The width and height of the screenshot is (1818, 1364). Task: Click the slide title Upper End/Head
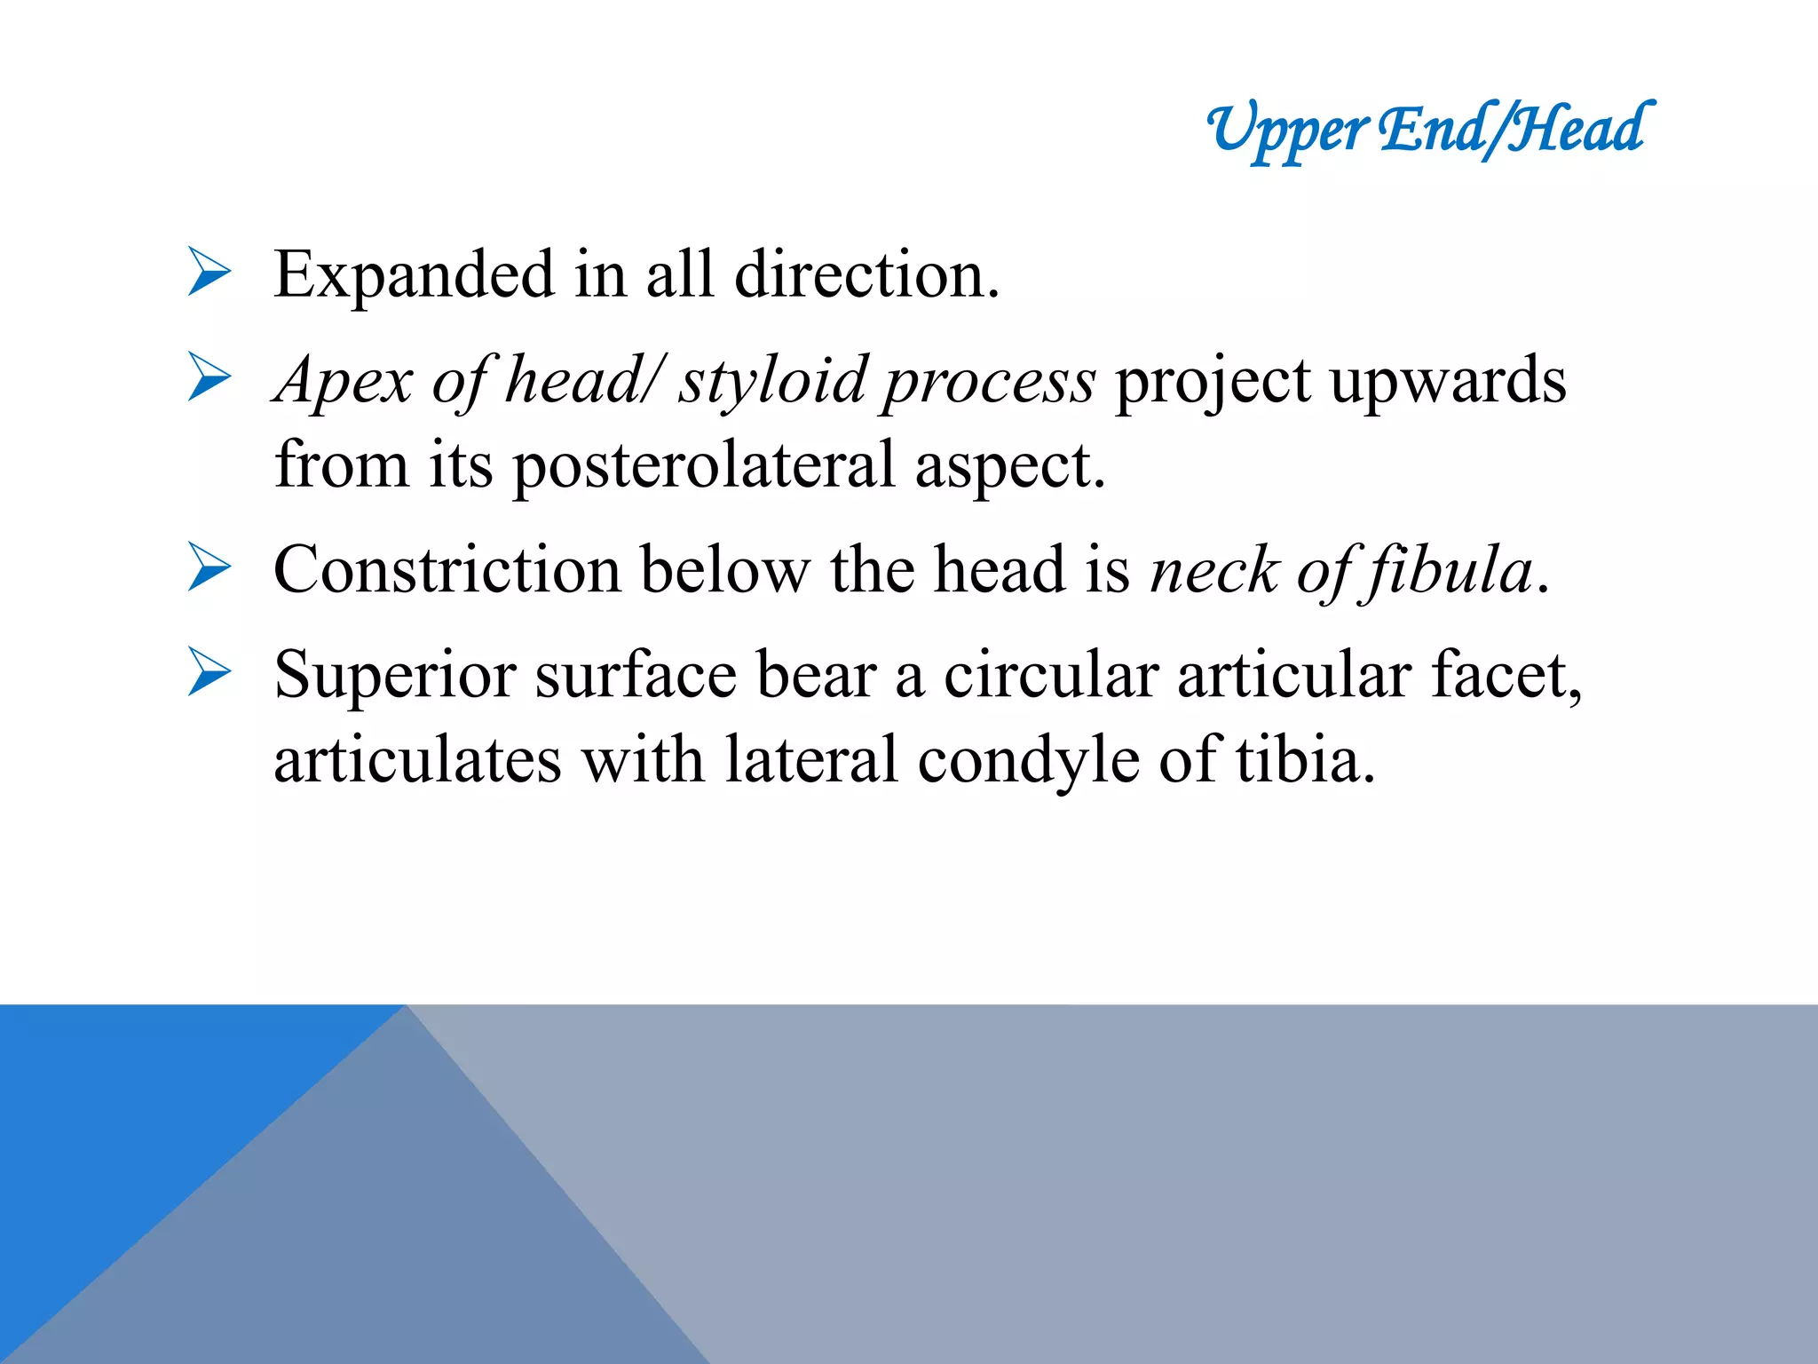point(1429,130)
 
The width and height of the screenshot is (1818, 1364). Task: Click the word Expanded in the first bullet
point(414,275)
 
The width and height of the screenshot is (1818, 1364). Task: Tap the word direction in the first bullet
point(866,275)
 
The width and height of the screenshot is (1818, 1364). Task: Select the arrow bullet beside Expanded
point(209,272)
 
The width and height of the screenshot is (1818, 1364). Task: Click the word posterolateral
point(704,466)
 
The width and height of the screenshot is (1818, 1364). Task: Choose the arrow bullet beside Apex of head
point(209,377)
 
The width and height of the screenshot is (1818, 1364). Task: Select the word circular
point(1050,675)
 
